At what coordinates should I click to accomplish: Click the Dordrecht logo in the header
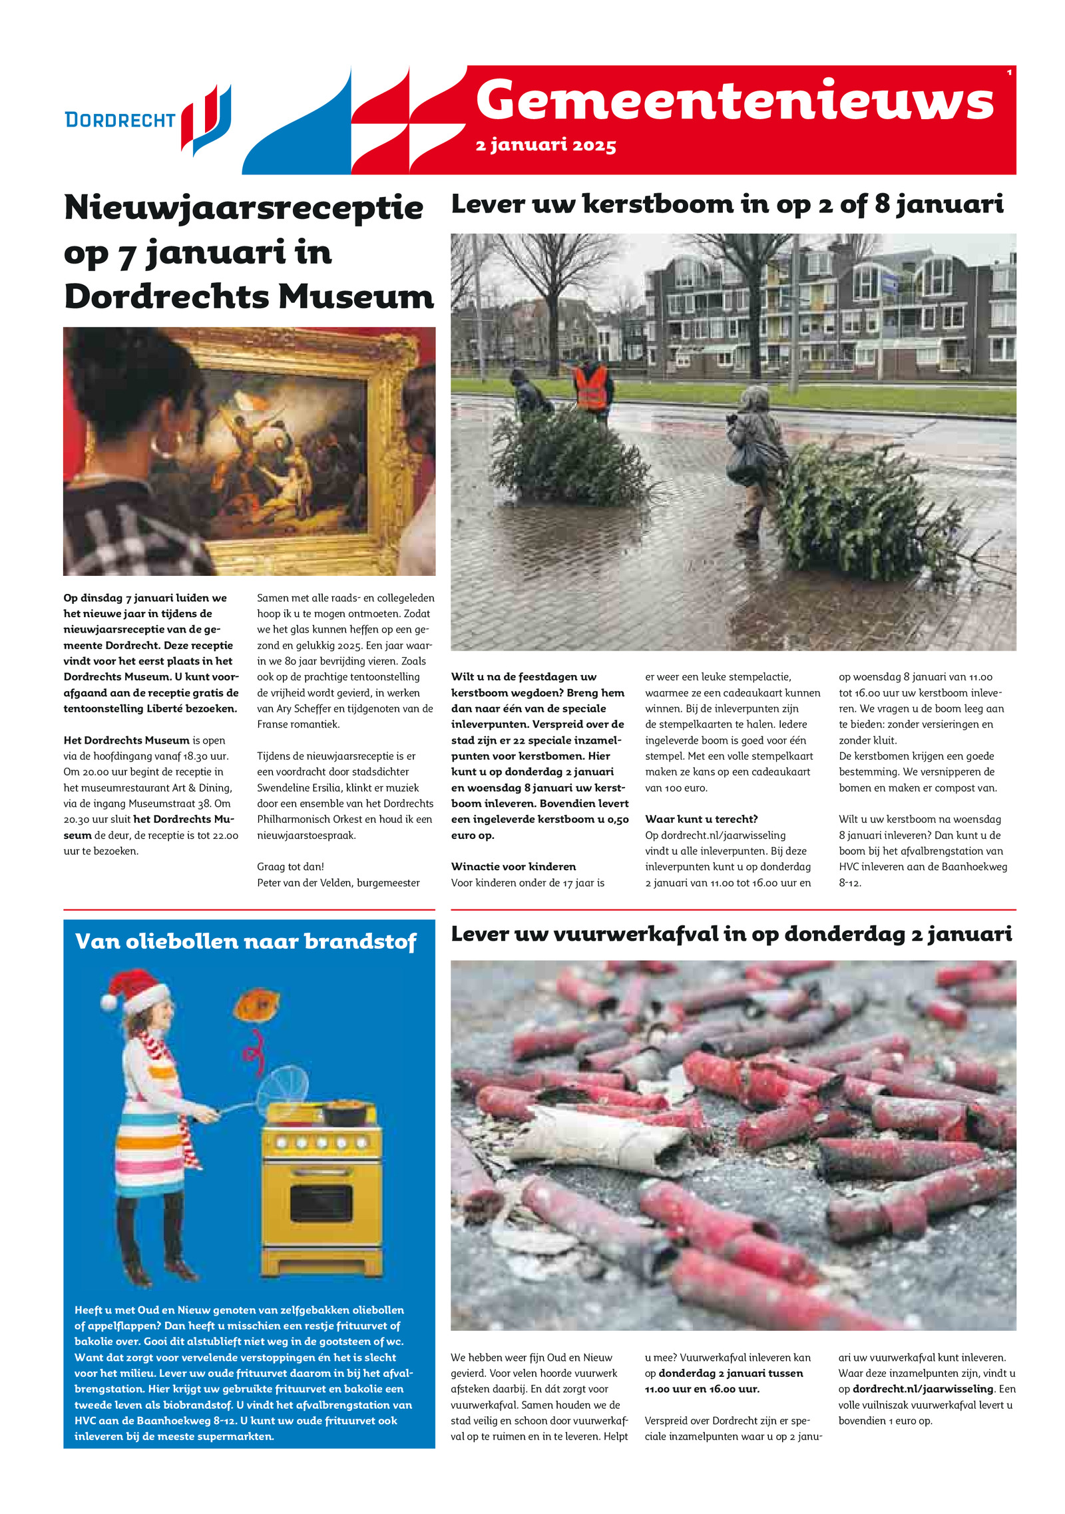point(148,120)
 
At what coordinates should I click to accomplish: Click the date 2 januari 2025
point(545,145)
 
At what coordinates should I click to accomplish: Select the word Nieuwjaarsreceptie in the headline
point(244,208)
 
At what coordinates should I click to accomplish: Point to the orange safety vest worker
point(590,387)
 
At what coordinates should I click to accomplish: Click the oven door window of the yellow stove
point(321,1204)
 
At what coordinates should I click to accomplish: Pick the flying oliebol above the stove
point(256,1005)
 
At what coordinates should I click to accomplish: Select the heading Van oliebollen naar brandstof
point(246,941)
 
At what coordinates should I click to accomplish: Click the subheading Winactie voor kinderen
point(513,866)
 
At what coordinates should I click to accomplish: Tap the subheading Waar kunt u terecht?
point(702,819)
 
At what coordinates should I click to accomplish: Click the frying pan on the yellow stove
point(344,1111)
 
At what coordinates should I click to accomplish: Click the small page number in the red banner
point(1009,73)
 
